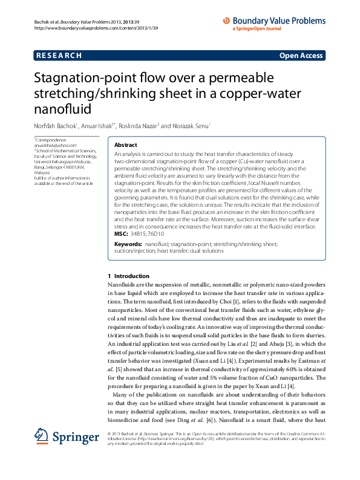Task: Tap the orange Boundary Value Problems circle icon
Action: pyautogui.click(x=227, y=20)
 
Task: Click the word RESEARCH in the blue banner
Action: pyautogui.click(x=59, y=56)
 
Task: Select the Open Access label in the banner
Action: pyautogui.click(x=301, y=56)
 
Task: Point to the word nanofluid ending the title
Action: pyautogui.click(x=61, y=109)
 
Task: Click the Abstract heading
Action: pyautogui.click(x=125, y=146)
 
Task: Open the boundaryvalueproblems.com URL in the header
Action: pyautogui.click(x=97, y=28)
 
